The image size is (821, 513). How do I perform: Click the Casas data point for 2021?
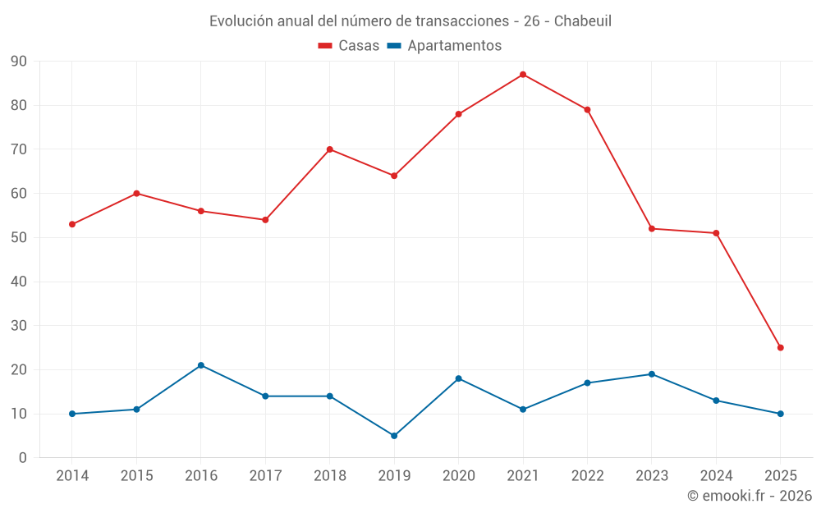pyautogui.click(x=523, y=75)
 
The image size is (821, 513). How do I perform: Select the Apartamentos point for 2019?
pyautogui.click(x=394, y=436)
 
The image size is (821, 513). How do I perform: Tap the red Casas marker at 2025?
pyautogui.click(x=781, y=348)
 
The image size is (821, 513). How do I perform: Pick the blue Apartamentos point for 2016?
pyautogui.click(x=201, y=365)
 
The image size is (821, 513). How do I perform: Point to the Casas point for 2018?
pyautogui.click(x=330, y=149)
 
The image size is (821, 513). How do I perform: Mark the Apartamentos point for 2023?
pyautogui.click(x=652, y=374)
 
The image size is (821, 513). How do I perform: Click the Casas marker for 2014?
pyautogui.click(x=72, y=224)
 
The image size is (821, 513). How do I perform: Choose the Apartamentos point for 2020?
pyautogui.click(x=459, y=378)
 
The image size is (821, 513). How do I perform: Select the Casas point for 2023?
pyautogui.click(x=652, y=229)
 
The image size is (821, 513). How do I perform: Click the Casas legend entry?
pyautogui.click(x=349, y=46)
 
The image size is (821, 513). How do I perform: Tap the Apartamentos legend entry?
pyautogui.click(x=444, y=46)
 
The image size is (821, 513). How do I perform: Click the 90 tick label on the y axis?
pyautogui.click(x=18, y=62)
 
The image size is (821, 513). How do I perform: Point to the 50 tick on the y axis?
pyautogui.click(x=18, y=238)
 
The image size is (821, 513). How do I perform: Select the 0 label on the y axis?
pyautogui.click(x=22, y=458)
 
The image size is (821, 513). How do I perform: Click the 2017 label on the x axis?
pyautogui.click(x=265, y=476)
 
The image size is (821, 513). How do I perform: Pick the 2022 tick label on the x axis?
pyautogui.click(x=587, y=476)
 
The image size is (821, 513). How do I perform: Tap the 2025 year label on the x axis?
pyautogui.click(x=781, y=476)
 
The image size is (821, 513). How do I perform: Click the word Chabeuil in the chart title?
pyautogui.click(x=582, y=21)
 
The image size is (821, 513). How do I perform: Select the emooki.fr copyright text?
pyautogui.click(x=750, y=496)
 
